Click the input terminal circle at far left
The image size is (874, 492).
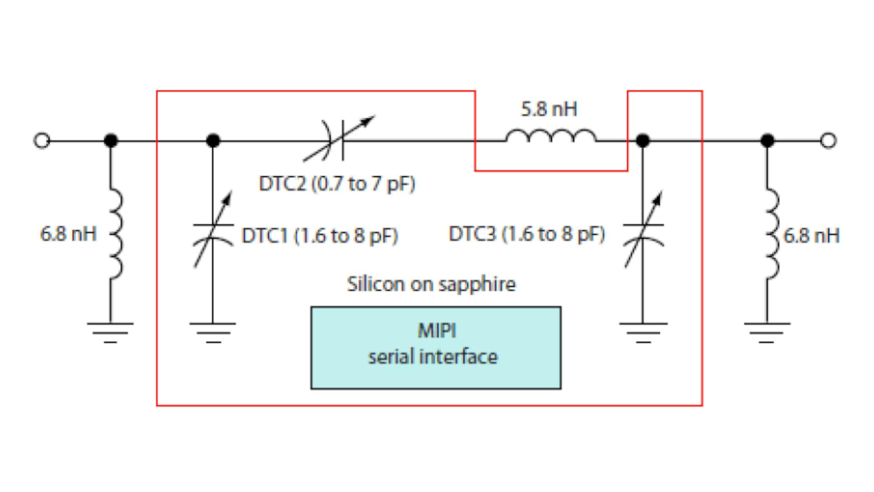coord(42,141)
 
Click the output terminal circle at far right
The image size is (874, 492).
coord(828,141)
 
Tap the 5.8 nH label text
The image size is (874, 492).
coord(549,109)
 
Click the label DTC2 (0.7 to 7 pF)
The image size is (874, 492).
coord(337,184)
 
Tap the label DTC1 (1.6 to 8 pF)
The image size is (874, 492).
coord(320,236)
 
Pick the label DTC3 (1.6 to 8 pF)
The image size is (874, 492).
coord(527,234)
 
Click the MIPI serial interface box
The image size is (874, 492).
coord(436,348)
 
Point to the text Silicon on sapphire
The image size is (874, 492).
coord(431,284)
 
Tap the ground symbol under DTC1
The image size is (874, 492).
coord(213,332)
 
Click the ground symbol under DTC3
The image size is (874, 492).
coord(643,332)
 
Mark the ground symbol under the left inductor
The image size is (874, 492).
coord(110,332)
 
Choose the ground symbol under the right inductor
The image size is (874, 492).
coord(767,332)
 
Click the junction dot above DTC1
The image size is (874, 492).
coord(213,141)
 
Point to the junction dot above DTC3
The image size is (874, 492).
coord(642,141)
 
